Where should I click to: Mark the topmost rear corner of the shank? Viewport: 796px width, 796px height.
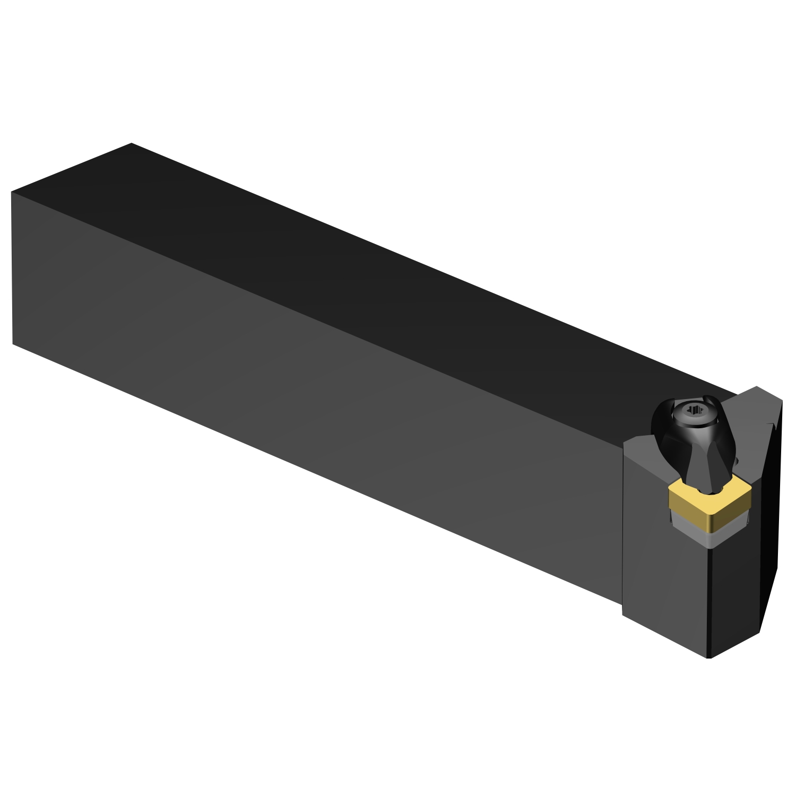[x=131, y=143]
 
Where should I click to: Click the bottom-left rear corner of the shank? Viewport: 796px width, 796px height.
[x=13, y=343]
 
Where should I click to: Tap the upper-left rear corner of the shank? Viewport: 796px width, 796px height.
[x=12, y=192]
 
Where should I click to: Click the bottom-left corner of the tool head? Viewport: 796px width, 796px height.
[x=622, y=616]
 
